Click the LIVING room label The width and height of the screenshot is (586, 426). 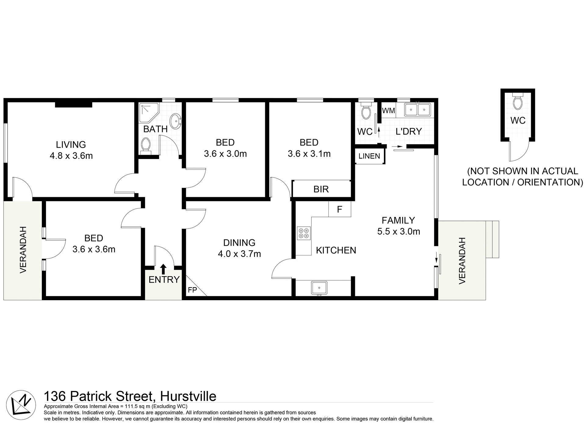pos(71,144)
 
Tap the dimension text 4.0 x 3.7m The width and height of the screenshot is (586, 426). pos(239,254)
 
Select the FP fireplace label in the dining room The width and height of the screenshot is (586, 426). pos(192,290)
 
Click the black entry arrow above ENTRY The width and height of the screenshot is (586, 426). pos(163,269)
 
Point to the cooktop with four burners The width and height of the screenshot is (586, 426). pos(304,233)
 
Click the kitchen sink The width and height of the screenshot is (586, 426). pos(319,288)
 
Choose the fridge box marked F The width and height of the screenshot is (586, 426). pos(339,209)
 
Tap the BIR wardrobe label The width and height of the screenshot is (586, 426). pos(321,189)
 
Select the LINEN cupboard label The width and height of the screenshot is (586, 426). pos(369,156)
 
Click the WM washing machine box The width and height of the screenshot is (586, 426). pos(389,110)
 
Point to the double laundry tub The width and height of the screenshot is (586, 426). pos(417,110)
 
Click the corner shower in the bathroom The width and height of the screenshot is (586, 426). pos(148,112)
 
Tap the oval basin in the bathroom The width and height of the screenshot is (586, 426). pos(175,121)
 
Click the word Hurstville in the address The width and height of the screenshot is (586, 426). pos(188,396)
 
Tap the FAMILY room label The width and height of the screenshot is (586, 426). pos(398,220)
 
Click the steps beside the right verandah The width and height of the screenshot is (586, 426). pos(492,239)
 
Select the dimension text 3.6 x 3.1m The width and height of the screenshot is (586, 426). pos(309,154)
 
